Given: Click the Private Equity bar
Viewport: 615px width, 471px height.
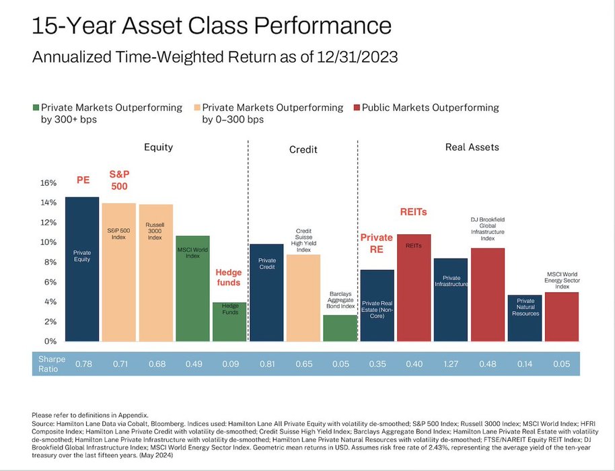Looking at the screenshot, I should [x=82, y=269].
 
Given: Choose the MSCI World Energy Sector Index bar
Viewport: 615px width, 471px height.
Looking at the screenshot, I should [x=561, y=316].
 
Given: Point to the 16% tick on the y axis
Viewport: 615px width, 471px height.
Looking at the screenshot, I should [x=47, y=182].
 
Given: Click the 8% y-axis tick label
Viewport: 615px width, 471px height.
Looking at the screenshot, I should [x=48, y=262].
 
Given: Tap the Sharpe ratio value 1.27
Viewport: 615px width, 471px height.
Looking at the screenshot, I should [x=450, y=363].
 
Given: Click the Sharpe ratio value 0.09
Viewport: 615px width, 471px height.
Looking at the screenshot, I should [x=229, y=363].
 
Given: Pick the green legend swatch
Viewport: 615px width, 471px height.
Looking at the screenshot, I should [x=36, y=108].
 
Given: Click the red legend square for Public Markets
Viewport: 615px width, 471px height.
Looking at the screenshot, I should [x=357, y=108].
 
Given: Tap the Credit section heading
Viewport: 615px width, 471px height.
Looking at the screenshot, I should [x=303, y=149].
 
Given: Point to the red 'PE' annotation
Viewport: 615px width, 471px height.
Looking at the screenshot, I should [x=83, y=180].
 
